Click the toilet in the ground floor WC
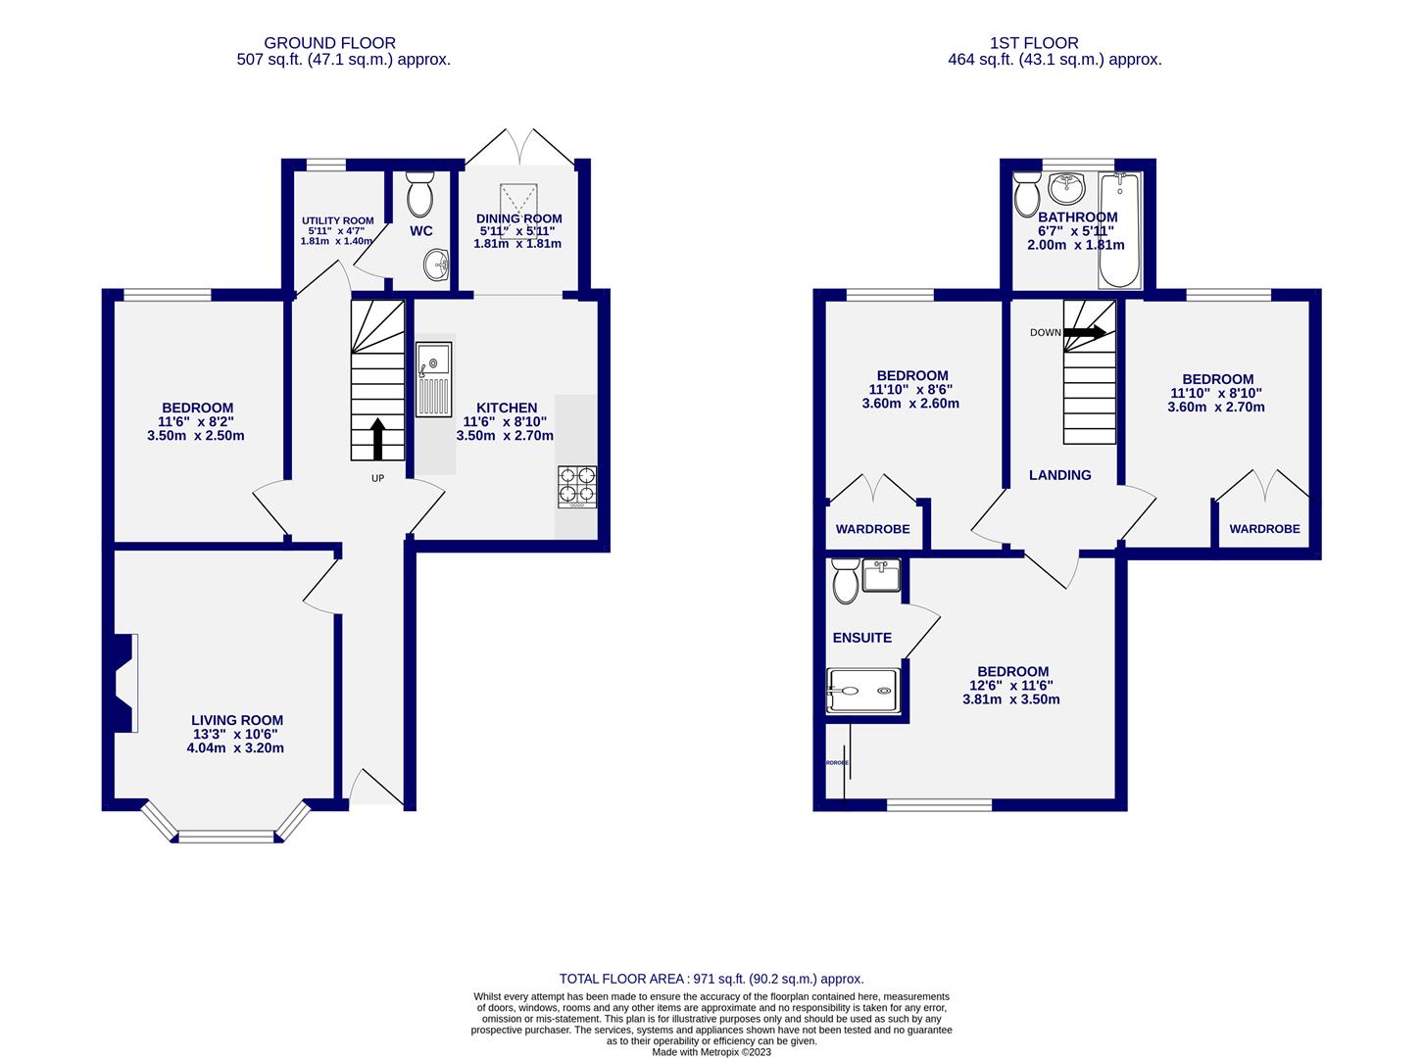click(419, 195)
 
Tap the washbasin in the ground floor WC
click(436, 264)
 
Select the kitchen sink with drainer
click(433, 379)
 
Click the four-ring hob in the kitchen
click(576, 486)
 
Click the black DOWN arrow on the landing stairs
click(1085, 332)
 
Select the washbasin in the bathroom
click(1064, 186)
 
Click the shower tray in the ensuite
click(862, 690)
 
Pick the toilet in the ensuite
click(844, 582)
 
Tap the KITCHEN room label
click(507, 408)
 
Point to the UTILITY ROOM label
click(336, 220)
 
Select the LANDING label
click(1059, 475)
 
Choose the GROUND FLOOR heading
click(330, 43)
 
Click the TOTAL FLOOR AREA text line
click(711, 979)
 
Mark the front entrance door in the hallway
click(372, 788)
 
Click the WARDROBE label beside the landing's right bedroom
click(1264, 529)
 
